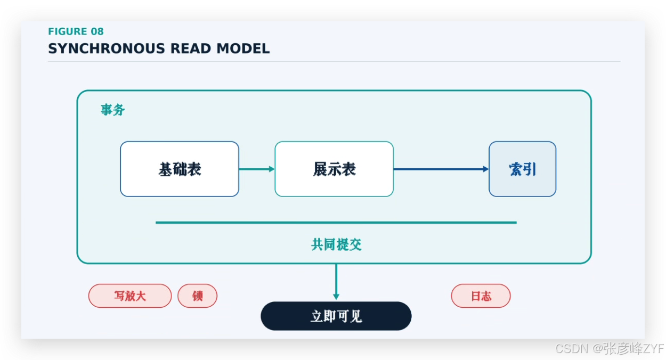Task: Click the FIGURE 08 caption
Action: (76, 31)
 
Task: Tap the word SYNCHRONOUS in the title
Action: (107, 48)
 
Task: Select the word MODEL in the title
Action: (243, 48)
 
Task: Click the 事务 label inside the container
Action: (112, 110)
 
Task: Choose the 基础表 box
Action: (180, 169)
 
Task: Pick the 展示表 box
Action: (334, 169)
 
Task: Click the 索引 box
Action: (522, 169)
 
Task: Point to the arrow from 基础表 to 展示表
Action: (257, 169)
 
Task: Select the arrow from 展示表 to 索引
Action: (441, 169)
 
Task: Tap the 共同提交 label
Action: (336, 244)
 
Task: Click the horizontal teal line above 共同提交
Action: (336, 223)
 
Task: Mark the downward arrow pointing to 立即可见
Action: (336, 282)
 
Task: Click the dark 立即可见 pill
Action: (336, 316)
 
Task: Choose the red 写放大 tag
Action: (130, 296)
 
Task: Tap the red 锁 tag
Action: (198, 296)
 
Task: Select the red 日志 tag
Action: (481, 296)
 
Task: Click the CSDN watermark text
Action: (610, 348)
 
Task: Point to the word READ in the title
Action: (191, 48)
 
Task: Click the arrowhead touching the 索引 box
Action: (486, 169)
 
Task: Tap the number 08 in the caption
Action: (97, 31)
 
